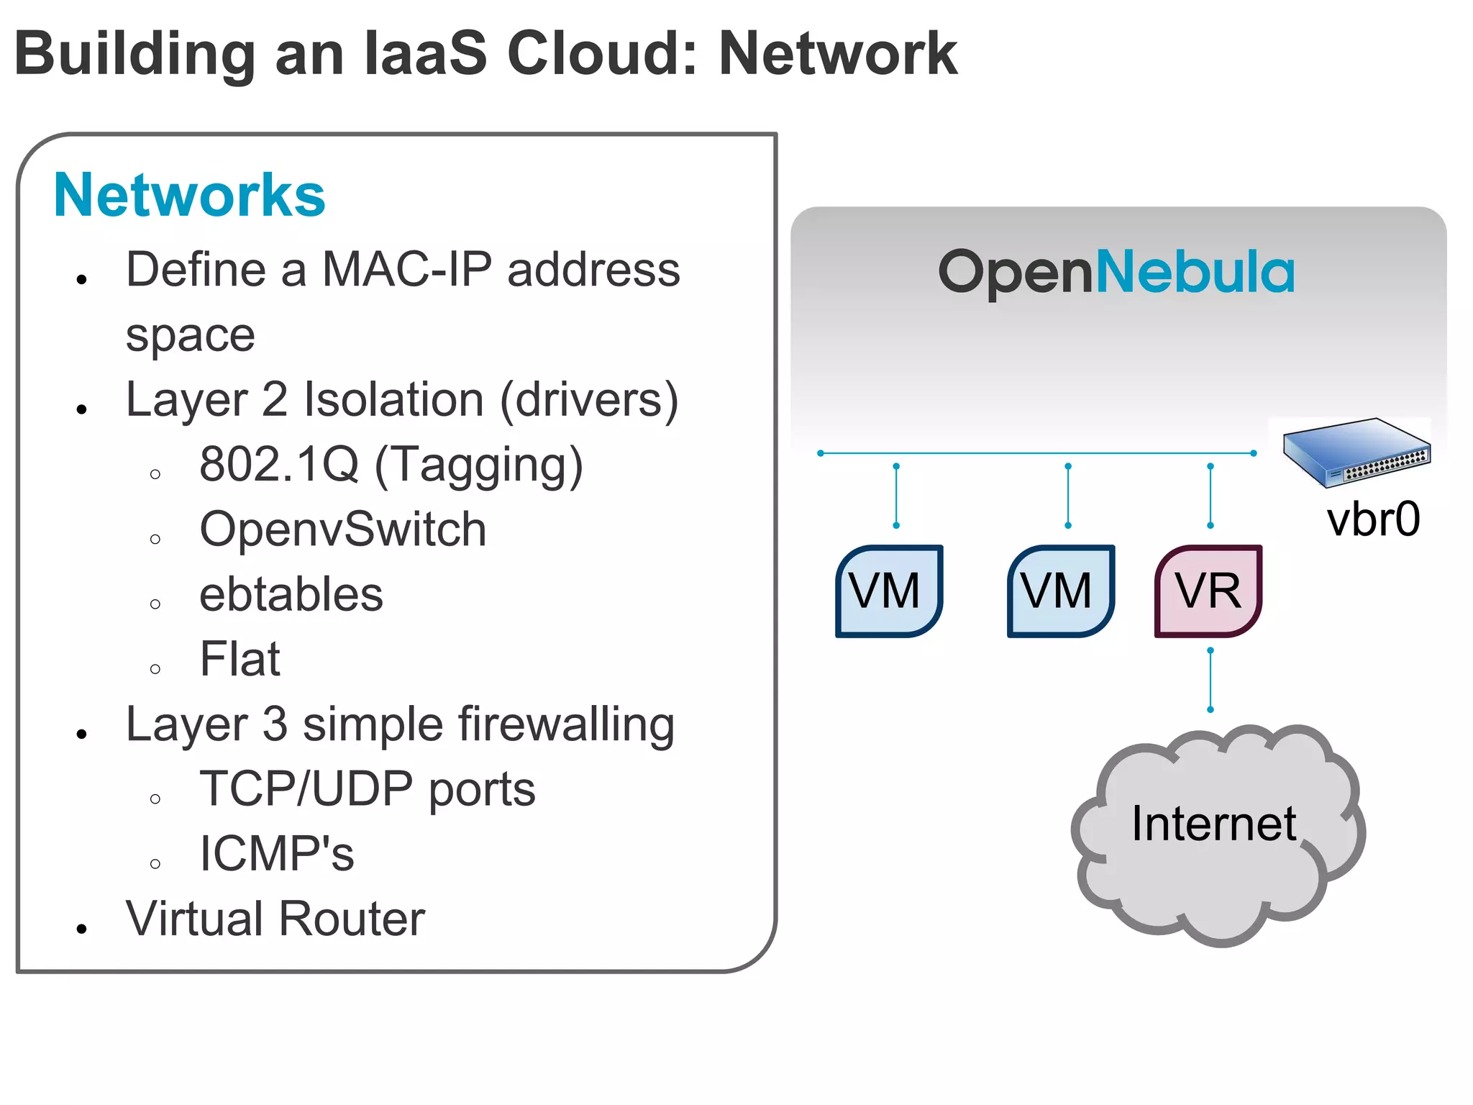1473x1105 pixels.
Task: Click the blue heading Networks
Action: [189, 196]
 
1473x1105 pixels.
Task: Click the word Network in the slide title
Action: [838, 54]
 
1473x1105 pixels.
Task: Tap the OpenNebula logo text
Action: [1116, 272]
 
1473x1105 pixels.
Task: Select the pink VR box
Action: [1208, 591]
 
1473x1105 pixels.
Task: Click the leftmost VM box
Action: [888, 591]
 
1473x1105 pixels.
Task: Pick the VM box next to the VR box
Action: [1060, 591]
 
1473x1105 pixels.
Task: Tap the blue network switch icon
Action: [1356, 452]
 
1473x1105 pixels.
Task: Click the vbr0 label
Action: [1373, 519]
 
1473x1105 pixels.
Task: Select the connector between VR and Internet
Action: [1210, 680]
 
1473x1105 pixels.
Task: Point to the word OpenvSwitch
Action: [343, 530]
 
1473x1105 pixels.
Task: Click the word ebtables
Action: [291, 595]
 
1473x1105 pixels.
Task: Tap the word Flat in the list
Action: [240, 660]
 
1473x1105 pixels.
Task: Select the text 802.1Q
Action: [279, 465]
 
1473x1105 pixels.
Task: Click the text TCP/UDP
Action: [306, 790]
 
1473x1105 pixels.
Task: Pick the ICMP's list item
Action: [277, 855]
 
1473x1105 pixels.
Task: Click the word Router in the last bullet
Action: [352, 919]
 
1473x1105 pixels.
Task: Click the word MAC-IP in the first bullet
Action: [407, 270]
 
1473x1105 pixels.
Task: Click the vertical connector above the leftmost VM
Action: [896, 496]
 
